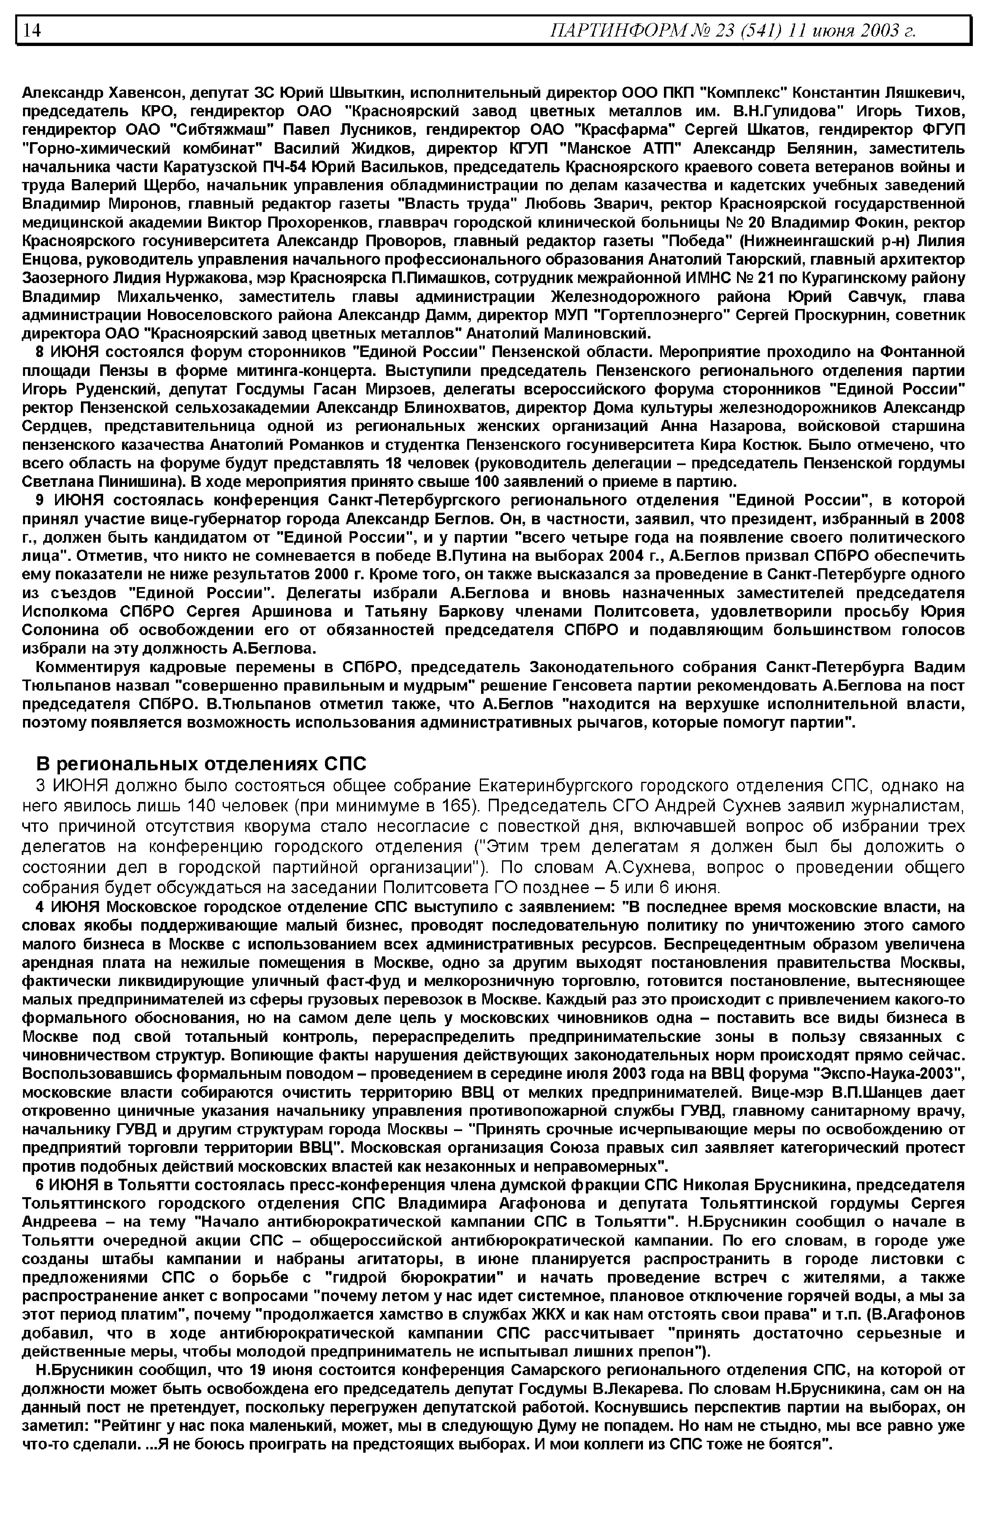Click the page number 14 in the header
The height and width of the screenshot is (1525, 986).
pos(32,30)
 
